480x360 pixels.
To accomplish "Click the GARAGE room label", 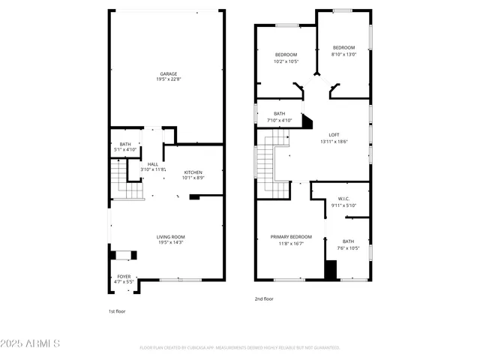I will (167, 73).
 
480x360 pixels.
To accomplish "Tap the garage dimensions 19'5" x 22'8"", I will (167, 79).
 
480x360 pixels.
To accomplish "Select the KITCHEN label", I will (193, 172).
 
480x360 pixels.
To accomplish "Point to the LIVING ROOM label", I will (169, 236).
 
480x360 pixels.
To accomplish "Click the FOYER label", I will (123, 277).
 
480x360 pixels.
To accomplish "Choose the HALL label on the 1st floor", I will (152, 164).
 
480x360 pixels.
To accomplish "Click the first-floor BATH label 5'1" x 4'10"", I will (125, 144).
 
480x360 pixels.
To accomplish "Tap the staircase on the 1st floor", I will (127, 183).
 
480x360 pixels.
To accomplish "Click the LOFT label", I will (334, 135).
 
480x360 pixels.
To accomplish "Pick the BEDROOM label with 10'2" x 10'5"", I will (286, 55).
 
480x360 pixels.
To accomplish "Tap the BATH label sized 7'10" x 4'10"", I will (280, 114).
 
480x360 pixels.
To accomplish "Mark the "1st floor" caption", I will (117, 310).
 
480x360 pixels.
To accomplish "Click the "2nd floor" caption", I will (263, 298).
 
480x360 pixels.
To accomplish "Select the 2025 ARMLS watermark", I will (32, 343).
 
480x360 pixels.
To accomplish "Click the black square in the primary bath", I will (330, 269).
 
